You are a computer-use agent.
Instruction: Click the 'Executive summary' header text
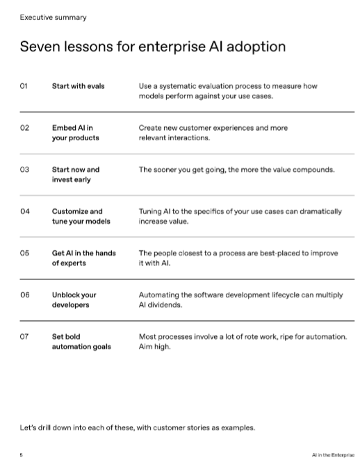[49, 17]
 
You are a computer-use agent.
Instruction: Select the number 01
[24, 86]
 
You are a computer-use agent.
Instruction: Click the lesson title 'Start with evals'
[78, 86]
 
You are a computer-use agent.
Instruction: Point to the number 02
[24, 128]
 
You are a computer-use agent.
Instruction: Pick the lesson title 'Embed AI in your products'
[75, 133]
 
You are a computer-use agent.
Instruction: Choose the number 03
[24, 170]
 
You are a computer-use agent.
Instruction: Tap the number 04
[24, 211]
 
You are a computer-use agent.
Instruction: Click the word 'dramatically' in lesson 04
[319, 211]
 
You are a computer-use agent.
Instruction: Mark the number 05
[24, 253]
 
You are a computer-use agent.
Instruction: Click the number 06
[24, 295]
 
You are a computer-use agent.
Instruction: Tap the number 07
[24, 336]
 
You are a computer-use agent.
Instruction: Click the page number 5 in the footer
[21, 454]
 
